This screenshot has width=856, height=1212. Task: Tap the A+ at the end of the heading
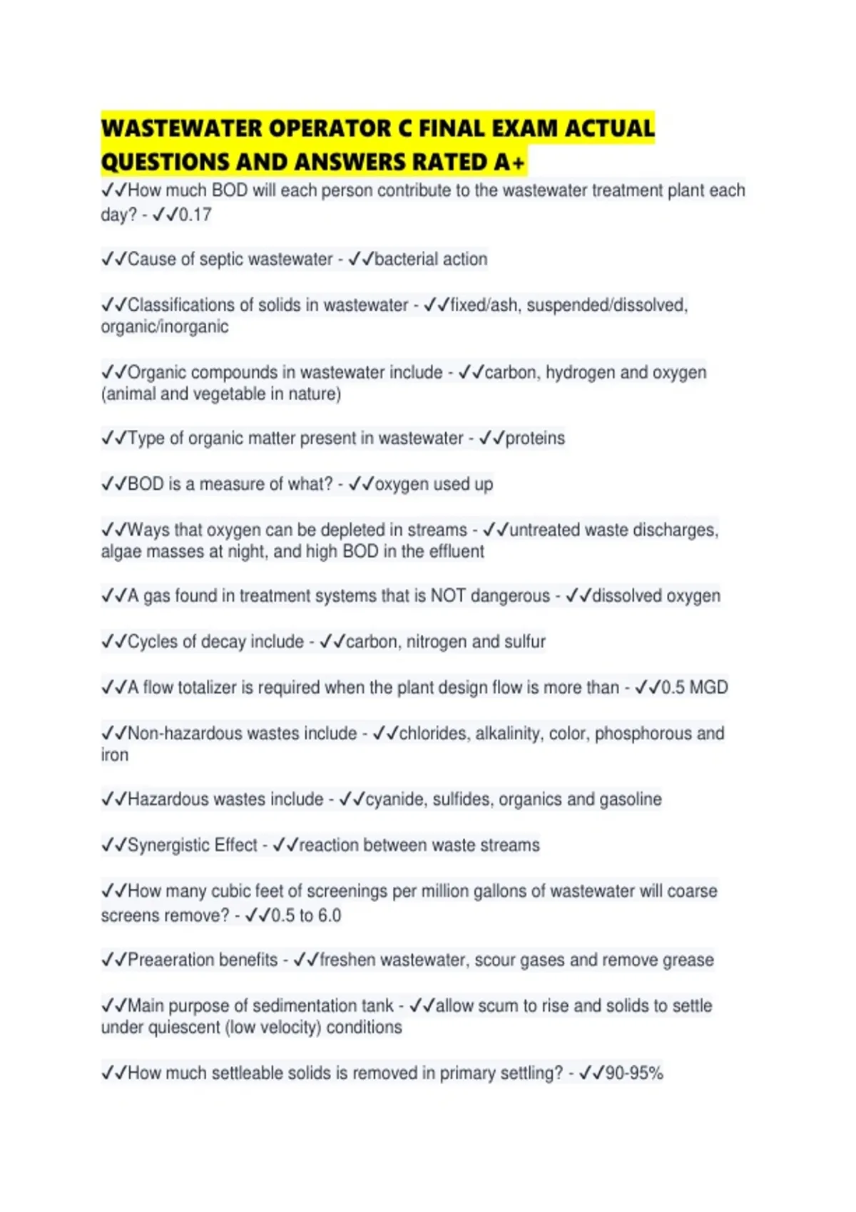click(x=509, y=163)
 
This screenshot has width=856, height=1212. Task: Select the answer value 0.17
click(x=195, y=215)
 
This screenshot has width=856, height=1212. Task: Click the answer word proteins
click(x=535, y=438)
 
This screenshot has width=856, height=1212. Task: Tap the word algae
click(x=123, y=552)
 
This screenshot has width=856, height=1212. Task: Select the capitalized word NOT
click(x=448, y=596)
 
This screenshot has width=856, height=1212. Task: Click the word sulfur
click(x=524, y=642)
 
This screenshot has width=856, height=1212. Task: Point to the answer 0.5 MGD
click(x=694, y=688)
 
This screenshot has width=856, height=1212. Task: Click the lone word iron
click(x=115, y=755)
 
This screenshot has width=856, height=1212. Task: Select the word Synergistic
click(x=193, y=846)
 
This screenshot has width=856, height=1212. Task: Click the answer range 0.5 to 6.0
click(x=306, y=915)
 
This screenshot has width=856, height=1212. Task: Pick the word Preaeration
click(x=203, y=960)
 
